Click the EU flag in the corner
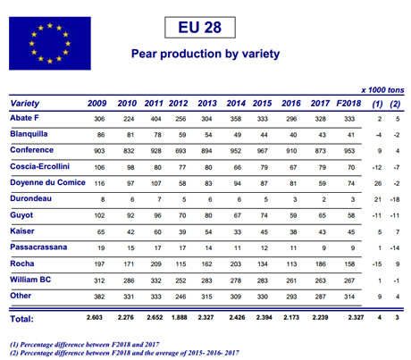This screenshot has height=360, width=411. coord(50,43)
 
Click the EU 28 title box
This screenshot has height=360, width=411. coord(200,28)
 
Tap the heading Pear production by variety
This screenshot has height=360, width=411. coord(205,54)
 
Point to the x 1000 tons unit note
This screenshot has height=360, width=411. coord(382,90)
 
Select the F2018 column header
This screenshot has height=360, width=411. coord(348,104)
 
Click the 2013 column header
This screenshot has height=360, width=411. coord(207,104)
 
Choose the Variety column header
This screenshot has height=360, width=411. coord(25,104)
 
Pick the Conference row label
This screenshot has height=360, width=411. coord(32,150)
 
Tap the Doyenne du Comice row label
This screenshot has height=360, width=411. coord(47,182)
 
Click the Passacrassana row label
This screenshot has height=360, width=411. coord(38,247)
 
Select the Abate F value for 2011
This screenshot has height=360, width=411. coord(155,119)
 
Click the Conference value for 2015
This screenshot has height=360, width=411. coord(263,151)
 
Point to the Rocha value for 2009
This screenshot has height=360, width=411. coord(99,264)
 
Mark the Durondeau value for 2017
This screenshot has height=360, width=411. coord(323,199)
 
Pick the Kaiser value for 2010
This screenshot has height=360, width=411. coord(130,232)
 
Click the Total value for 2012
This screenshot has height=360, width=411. coord(180,317)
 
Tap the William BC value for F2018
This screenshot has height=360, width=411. coord(349,280)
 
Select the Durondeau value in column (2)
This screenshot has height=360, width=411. coord(395,199)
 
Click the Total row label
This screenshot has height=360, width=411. coord(21,319)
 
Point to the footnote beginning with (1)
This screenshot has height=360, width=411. coord(85,345)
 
